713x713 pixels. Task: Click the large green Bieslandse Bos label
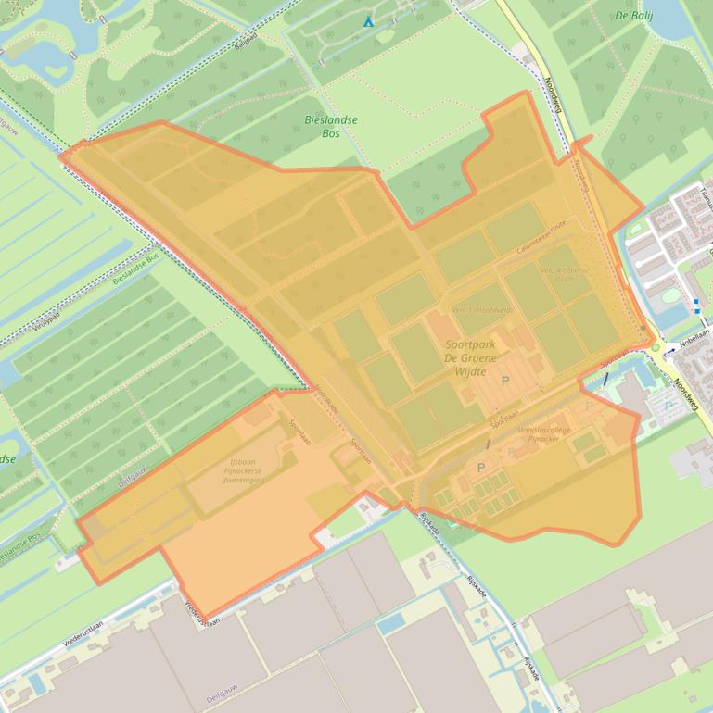click(x=331, y=127)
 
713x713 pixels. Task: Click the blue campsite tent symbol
click(x=368, y=20)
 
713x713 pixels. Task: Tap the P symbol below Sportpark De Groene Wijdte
click(x=505, y=381)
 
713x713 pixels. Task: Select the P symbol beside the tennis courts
click(x=480, y=468)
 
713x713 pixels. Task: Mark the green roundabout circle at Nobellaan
click(x=656, y=347)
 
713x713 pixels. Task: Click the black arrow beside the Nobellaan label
click(x=670, y=351)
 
